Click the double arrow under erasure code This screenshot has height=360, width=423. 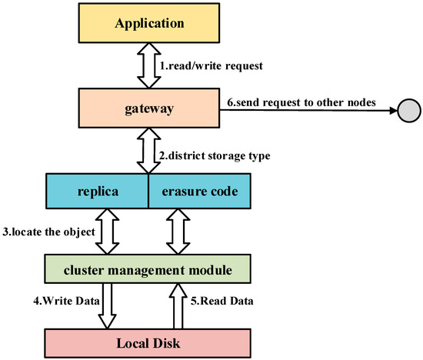coord(178,231)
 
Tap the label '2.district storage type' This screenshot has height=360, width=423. coord(216,156)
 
